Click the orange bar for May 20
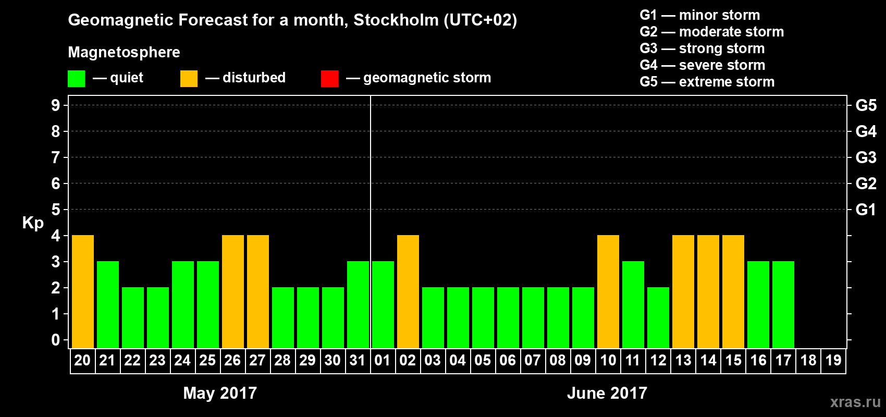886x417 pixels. (83, 292)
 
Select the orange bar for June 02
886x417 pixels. (408, 292)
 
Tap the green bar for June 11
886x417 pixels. (633, 305)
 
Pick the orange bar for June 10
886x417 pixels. (608, 292)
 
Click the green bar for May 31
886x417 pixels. (358, 305)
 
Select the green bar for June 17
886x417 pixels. (783, 305)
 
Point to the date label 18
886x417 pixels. (808, 360)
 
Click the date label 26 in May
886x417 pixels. (232, 360)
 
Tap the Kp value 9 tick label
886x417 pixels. (56, 105)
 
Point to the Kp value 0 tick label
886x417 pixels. (56, 340)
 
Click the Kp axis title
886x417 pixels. (33, 223)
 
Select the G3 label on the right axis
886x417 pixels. (866, 157)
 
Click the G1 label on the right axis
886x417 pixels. (866, 210)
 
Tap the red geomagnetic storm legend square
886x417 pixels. (329, 79)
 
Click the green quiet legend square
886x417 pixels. (76, 79)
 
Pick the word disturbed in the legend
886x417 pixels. (254, 78)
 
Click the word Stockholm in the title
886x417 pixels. (396, 20)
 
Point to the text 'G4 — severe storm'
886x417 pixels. (702, 65)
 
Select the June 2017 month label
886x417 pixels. (607, 393)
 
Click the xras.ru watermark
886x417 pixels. (855, 402)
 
